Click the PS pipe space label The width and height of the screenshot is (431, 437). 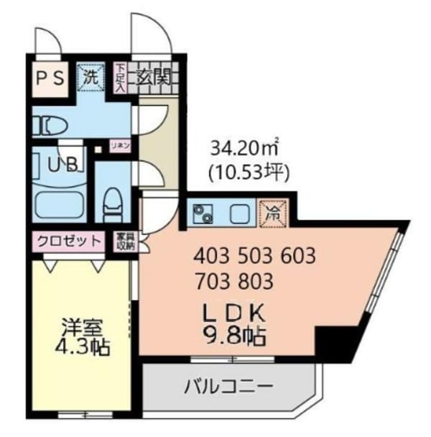click(x=49, y=77)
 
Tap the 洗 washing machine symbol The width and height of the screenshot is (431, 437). click(x=91, y=76)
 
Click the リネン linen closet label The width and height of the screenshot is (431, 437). click(x=119, y=145)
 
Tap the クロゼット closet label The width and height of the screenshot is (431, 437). click(x=68, y=241)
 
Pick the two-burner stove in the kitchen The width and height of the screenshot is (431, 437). click(x=202, y=213)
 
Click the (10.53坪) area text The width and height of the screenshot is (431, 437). click(x=247, y=172)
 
